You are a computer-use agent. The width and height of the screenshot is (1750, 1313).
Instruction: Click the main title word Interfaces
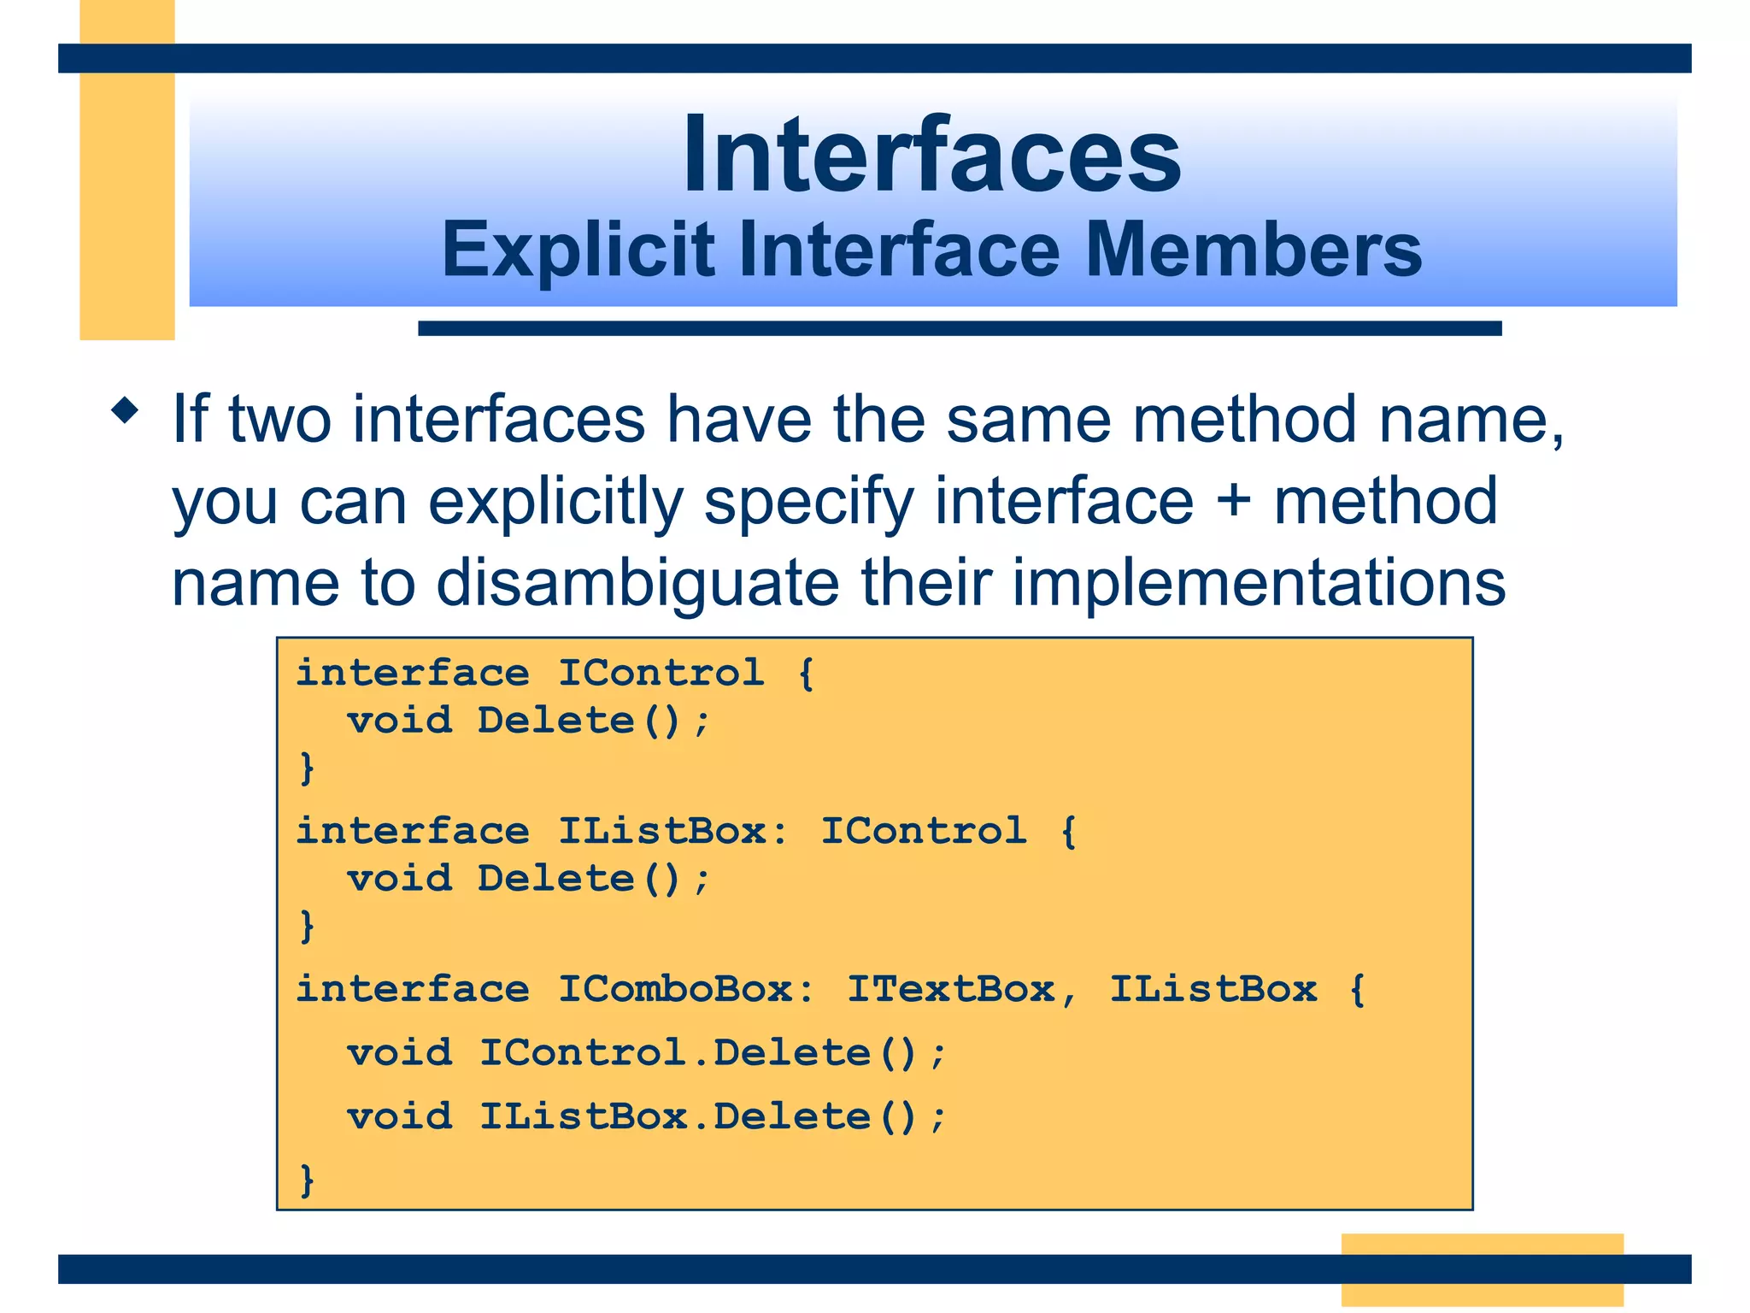tap(931, 156)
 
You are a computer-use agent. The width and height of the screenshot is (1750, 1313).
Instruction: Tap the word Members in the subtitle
tap(1253, 250)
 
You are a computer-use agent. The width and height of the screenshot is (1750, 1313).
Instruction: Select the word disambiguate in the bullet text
tap(637, 583)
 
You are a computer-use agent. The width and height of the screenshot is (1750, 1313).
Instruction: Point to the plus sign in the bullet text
tap(1233, 501)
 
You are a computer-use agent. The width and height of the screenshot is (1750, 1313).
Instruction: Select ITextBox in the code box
tap(950, 989)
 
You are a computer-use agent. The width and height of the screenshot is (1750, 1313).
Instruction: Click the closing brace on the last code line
tap(307, 1181)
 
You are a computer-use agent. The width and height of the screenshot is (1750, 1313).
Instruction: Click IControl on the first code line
tap(661, 673)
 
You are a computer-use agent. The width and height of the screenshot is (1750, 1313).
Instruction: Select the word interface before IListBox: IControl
tap(413, 831)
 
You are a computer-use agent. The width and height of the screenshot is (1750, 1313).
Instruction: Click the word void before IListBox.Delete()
tap(399, 1116)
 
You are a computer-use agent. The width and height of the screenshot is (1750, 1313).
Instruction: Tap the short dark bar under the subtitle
tap(959, 328)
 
